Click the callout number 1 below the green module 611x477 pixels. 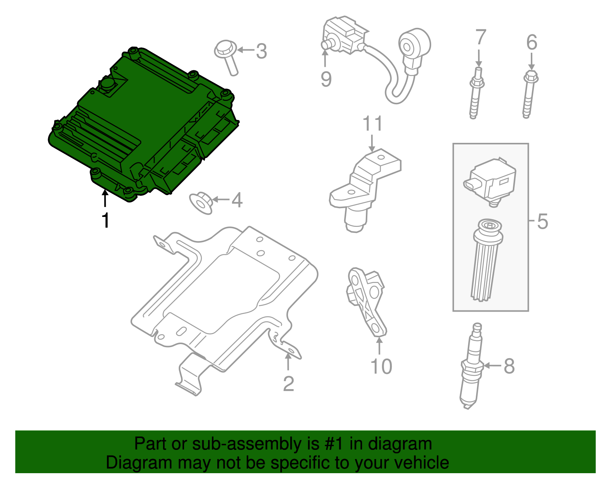(105, 220)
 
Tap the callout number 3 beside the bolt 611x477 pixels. (261, 51)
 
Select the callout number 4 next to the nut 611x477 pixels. (237, 200)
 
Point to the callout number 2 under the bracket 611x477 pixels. (288, 384)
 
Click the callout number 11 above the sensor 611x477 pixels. (372, 124)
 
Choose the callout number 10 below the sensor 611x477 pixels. (381, 366)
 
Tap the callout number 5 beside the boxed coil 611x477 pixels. (542, 222)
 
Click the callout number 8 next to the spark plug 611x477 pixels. (509, 366)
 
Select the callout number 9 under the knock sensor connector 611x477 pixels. (326, 79)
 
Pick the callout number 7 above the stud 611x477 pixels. (480, 37)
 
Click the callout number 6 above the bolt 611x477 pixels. (532, 42)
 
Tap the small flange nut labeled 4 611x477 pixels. (201, 203)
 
